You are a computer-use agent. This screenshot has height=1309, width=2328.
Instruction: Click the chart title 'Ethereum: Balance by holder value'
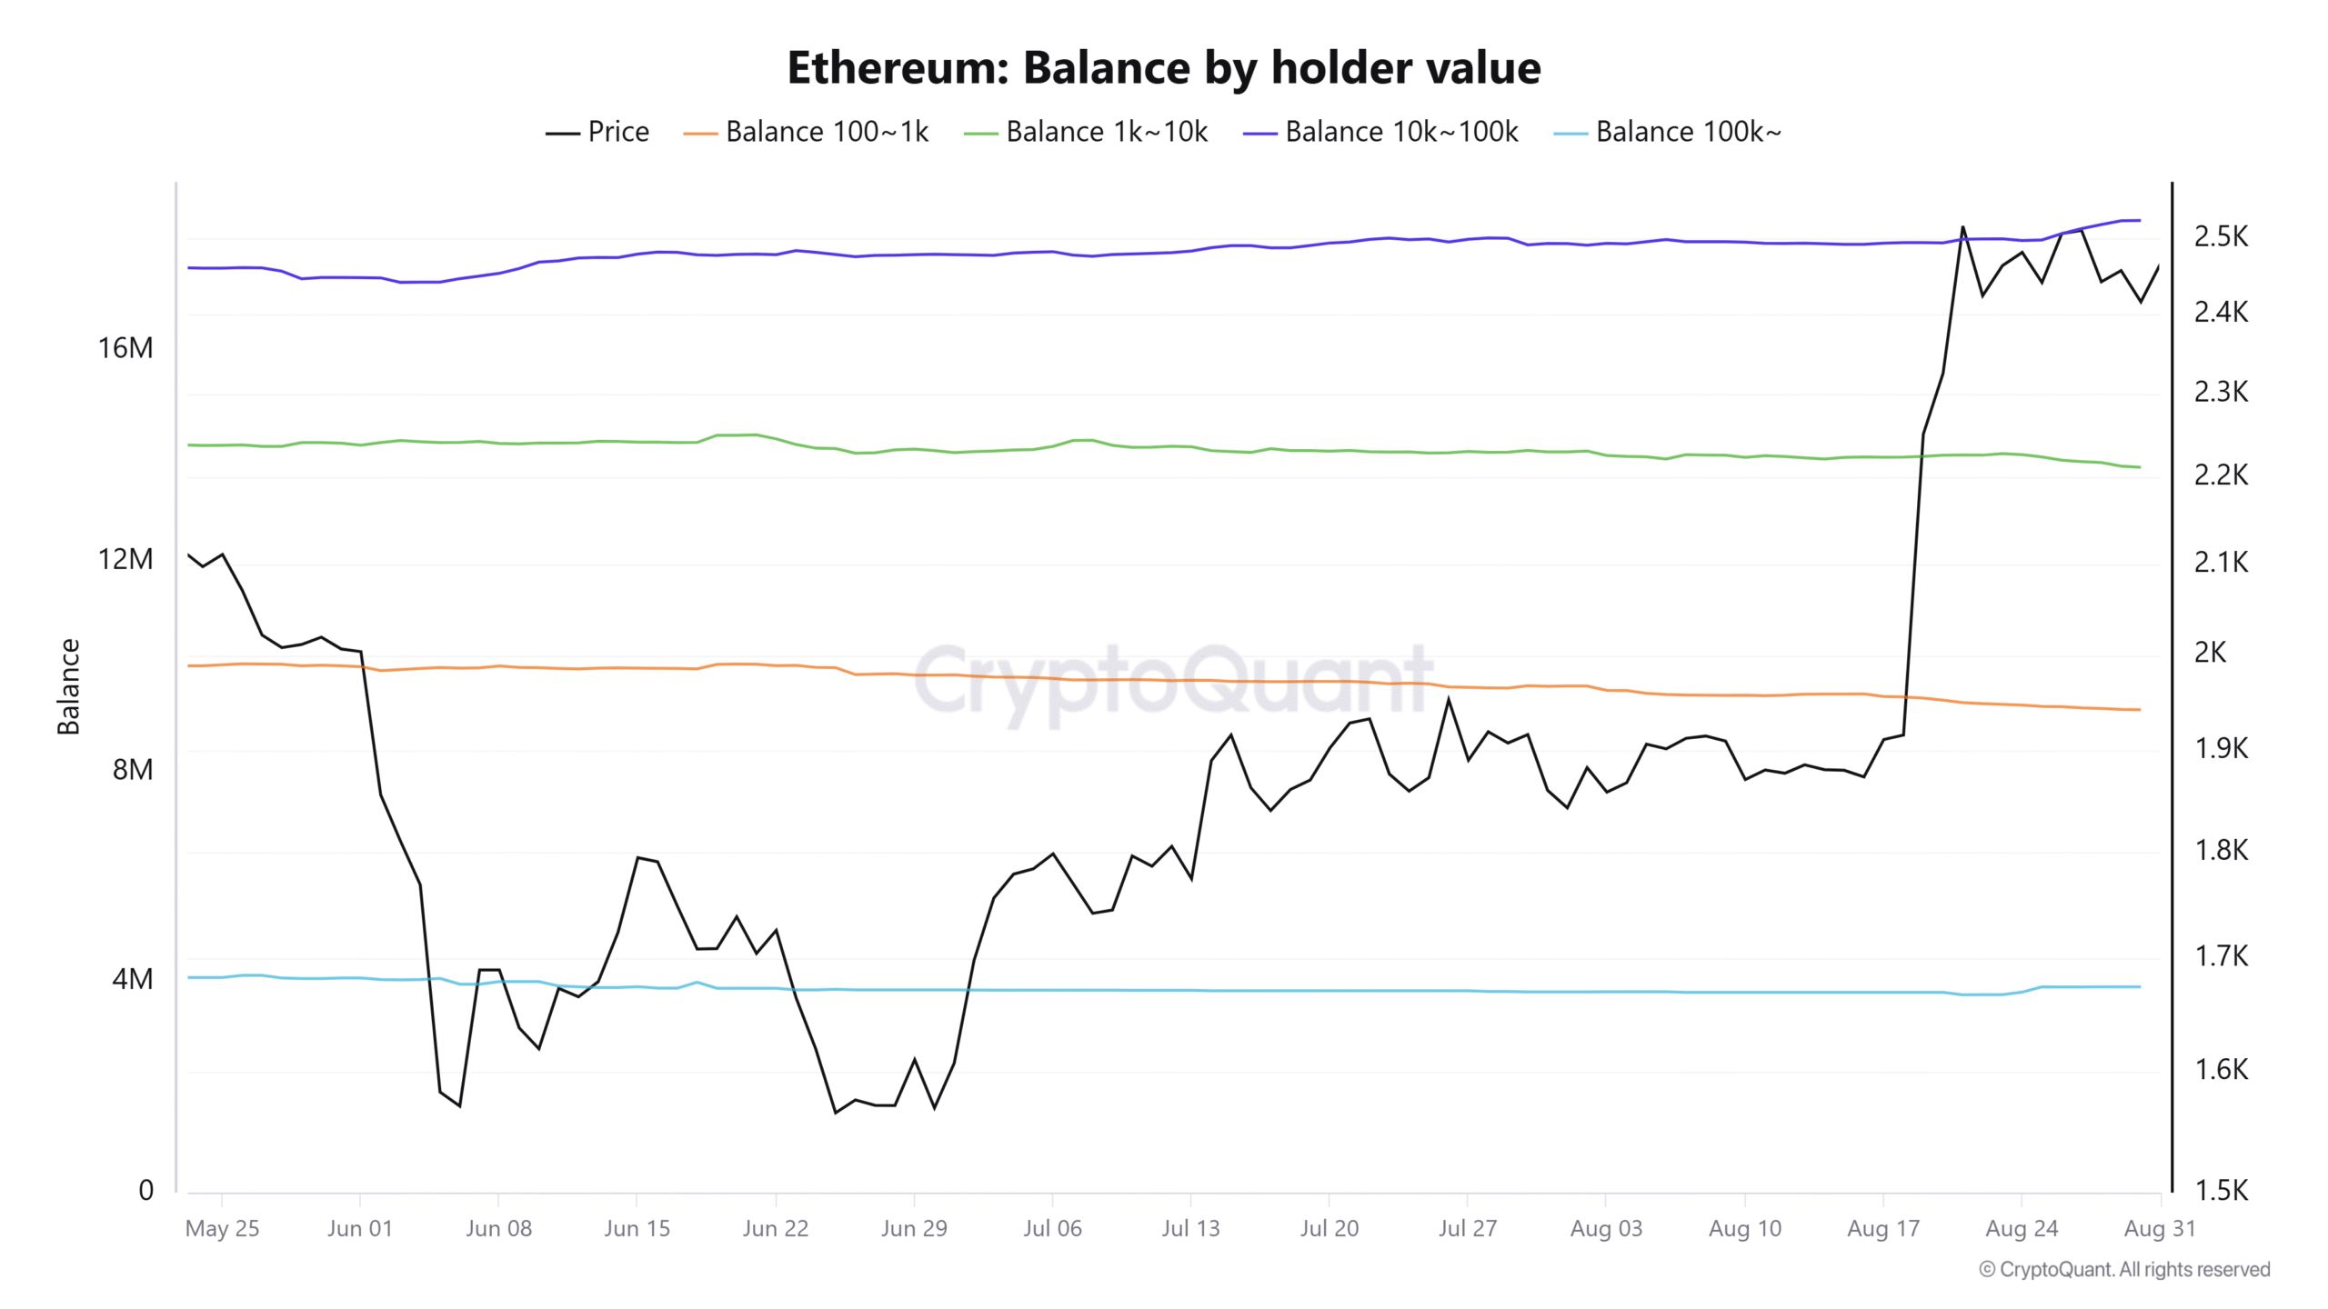tap(1164, 68)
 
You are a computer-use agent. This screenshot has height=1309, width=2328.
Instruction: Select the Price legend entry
tap(597, 132)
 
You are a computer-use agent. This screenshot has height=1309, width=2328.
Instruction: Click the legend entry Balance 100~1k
tap(806, 132)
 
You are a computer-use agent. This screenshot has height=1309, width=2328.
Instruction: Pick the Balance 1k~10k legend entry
tap(1086, 132)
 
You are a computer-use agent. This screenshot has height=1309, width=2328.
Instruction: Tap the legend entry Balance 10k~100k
tap(1380, 132)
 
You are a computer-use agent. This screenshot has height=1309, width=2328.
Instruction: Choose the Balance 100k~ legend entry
tap(1668, 132)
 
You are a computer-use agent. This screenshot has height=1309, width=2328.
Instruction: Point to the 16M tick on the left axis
tap(125, 348)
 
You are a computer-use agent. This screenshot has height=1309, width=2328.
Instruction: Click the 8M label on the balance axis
tap(133, 770)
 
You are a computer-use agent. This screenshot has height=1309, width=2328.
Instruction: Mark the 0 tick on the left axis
tap(145, 1191)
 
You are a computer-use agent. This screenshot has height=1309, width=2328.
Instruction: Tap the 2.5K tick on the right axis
tap(2221, 236)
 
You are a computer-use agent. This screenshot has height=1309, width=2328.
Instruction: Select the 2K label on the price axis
tap(2211, 652)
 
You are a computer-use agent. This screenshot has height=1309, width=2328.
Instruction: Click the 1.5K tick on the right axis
tap(2221, 1191)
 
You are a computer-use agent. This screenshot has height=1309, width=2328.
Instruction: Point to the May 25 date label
tap(222, 1229)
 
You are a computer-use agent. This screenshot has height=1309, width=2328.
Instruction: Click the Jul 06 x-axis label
tap(1052, 1229)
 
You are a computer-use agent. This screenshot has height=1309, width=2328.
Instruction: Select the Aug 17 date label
tap(1883, 1229)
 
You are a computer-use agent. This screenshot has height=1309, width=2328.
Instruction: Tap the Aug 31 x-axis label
tap(2160, 1229)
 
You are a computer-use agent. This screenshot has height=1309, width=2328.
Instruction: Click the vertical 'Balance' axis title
tap(69, 686)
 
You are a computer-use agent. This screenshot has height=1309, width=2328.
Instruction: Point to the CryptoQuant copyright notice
tap(2124, 1270)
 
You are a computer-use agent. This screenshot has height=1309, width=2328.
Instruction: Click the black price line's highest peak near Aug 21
tap(1962, 226)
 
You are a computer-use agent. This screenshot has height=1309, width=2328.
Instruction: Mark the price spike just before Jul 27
tap(1449, 699)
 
